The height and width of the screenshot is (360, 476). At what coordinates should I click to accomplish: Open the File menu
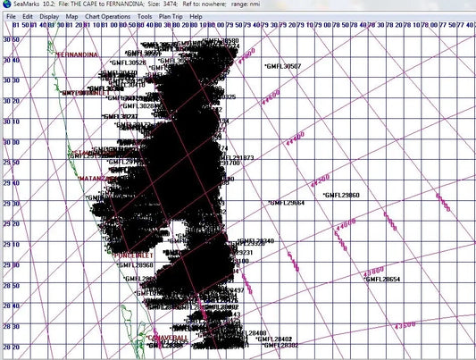click(11, 17)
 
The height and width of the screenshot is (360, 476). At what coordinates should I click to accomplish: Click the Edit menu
click(29, 17)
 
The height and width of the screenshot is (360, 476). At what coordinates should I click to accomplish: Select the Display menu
click(50, 17)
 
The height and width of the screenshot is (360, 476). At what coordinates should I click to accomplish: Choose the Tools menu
click(145, 17)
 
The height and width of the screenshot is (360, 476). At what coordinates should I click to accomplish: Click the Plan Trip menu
click(172, 17)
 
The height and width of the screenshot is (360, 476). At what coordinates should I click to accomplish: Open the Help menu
click(201, 17)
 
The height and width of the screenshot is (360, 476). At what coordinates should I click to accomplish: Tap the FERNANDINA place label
click(77, 55)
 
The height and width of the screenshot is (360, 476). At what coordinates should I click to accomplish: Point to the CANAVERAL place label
click(169, 339)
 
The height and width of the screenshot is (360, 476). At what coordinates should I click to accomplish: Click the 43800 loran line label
click(373, 270)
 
